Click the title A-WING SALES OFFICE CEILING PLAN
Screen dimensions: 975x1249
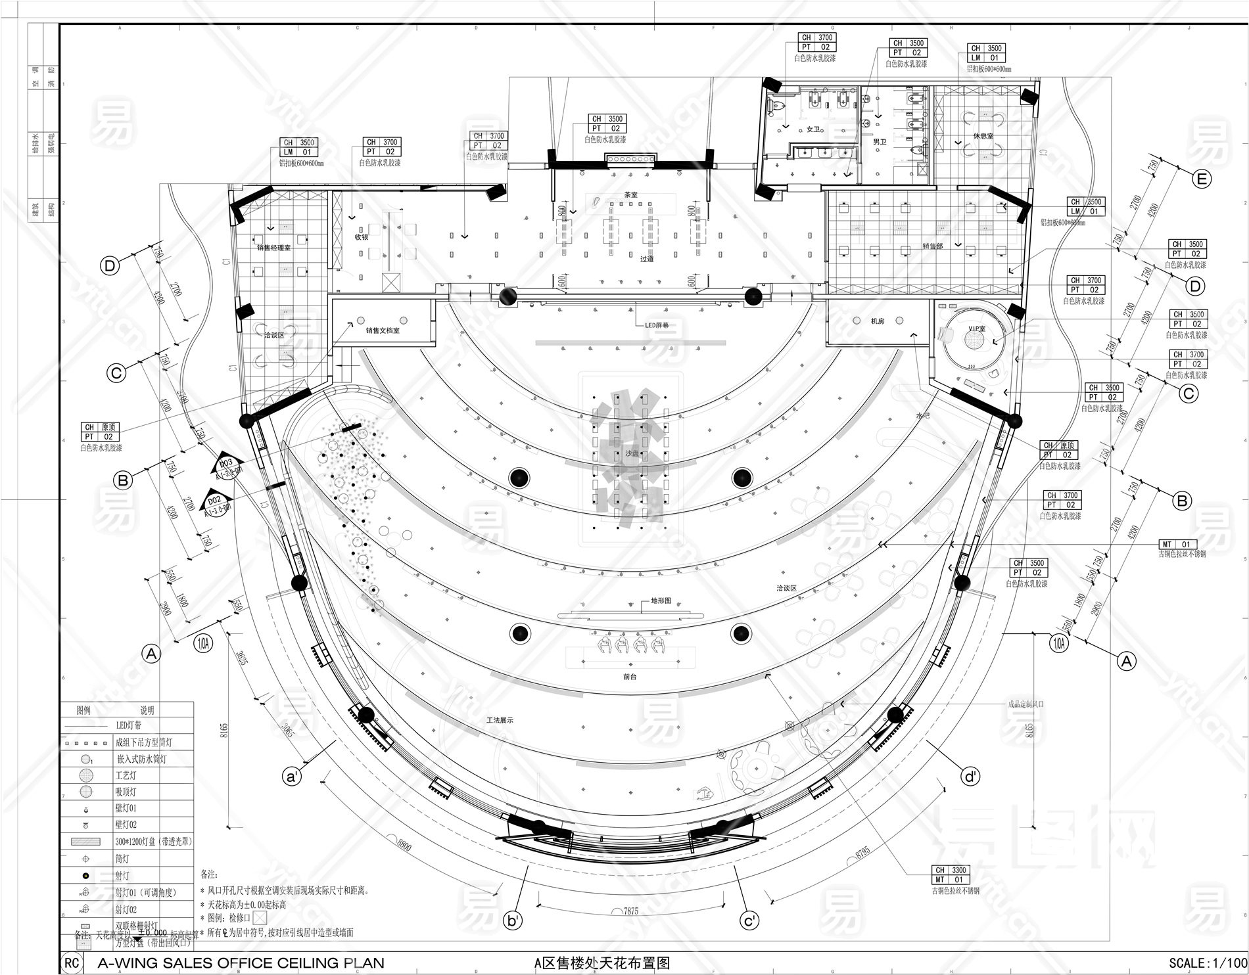tap(240, 963)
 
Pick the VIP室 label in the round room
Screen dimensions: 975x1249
tap(978, 328)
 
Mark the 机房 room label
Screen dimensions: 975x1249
tap(877, 321)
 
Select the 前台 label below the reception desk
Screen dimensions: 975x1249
tap(629, 676)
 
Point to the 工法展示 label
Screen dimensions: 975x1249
tap(500, 720)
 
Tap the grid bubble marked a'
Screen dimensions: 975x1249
tap(291, 777)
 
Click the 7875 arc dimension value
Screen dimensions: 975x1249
tap(630, 911)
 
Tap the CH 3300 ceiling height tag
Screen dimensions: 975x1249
tap(949, 871)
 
